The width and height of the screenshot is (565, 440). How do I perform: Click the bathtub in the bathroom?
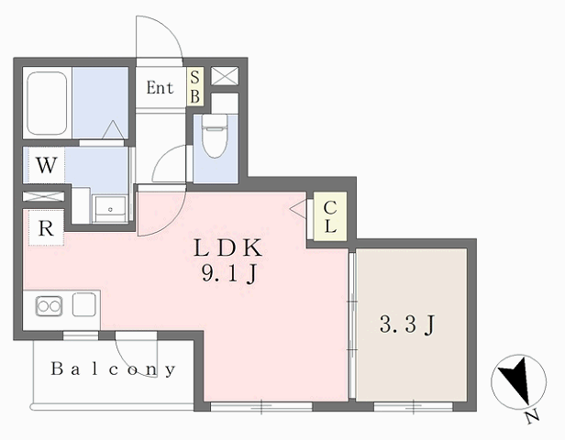tap(47, 103)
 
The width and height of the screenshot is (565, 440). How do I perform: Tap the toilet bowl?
tap(216, 136)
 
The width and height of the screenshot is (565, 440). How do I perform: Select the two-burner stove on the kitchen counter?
tap(49, 306)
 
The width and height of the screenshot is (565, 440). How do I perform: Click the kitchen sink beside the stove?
tap(84, 304)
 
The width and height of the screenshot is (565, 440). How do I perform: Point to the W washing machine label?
tap(47, 166)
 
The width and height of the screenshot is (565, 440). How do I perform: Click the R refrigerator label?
tap(46, 228)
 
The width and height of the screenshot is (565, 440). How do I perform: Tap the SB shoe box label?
tap(195, 87)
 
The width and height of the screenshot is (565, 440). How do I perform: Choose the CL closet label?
tap(330, 216)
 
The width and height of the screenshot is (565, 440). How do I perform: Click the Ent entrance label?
tap(160, 87)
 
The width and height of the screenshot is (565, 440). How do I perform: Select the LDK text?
tap(227, 248)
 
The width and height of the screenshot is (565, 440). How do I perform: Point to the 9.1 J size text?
tap(229, 275)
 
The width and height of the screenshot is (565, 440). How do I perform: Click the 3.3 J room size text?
tap(407, 324)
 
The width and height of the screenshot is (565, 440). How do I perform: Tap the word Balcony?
tap(113, 369)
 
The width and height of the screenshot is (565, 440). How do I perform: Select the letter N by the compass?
tap(532, 416)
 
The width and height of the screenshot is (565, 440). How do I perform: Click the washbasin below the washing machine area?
tap(110, 209)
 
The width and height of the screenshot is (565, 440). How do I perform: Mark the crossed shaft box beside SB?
tap(225, 76)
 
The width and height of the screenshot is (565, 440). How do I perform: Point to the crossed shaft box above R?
tap(43, 196)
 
